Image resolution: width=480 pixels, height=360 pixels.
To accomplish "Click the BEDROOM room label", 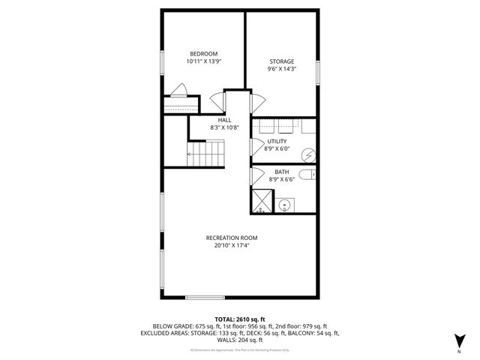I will [203, 53].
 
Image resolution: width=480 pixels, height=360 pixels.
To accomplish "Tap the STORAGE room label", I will [281, 61].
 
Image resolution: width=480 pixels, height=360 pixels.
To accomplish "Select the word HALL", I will [224, 120].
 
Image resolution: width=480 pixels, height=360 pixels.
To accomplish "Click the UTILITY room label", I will [278, 141].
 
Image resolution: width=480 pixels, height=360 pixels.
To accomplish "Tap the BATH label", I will [281, 172].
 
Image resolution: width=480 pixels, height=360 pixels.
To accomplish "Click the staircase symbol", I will [205, 154].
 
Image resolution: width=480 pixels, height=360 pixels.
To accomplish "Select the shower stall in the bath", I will [262, 201].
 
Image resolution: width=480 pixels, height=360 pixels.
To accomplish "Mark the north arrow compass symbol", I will [458, 339].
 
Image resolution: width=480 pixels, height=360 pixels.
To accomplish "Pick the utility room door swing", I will [256, 145].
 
